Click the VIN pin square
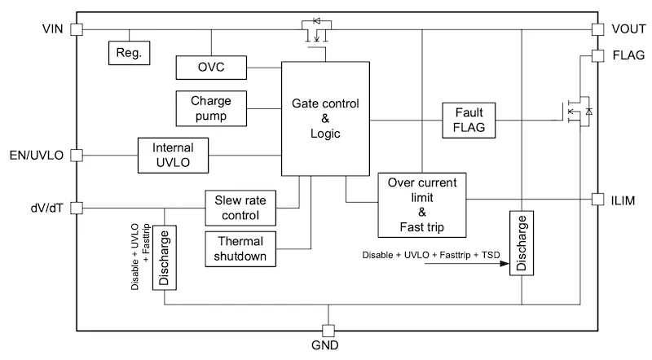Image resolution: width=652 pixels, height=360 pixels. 77,29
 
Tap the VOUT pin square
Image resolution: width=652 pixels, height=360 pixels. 597,29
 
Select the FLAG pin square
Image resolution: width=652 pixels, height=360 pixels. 597,55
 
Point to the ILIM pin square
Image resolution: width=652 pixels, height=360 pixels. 597,199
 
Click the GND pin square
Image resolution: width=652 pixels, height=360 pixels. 328,331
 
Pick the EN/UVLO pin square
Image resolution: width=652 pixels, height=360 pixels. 77,155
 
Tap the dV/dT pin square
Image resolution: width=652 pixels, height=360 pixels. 77,208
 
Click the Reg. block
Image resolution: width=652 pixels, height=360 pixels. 130,53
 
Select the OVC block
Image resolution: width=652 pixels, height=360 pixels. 211,68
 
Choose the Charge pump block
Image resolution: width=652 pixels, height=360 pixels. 211,108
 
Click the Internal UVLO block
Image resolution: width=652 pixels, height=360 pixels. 173,156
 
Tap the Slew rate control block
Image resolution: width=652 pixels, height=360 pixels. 240,208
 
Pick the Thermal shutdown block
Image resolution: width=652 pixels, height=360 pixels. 240,249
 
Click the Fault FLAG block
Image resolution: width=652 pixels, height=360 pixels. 469,121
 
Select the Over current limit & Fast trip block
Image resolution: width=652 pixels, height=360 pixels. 422,205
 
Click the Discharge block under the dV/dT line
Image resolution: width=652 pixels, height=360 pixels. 165,257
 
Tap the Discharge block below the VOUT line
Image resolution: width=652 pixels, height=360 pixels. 522,244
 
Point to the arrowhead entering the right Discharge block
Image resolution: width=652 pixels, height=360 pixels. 504,264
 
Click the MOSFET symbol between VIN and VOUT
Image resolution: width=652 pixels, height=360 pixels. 316,31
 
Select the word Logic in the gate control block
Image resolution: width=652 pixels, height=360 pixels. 325,134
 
